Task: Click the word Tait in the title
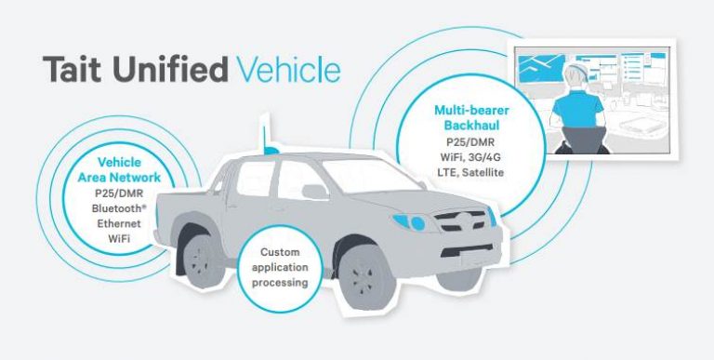[x=75, y=71]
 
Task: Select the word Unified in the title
[x=171, y=71]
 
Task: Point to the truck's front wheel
[x=367, y=274]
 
